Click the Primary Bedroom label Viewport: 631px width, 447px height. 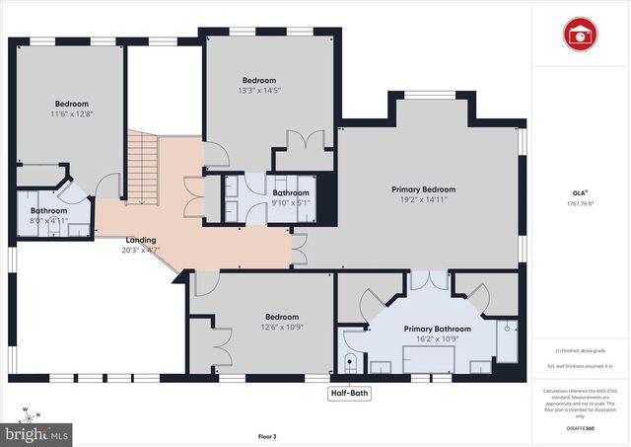(x=423, y=189)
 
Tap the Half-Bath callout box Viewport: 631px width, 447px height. (x=352, y=393)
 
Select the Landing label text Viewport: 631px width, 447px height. (x=141, y=240)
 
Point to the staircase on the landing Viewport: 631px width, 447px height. (x=143, y=169)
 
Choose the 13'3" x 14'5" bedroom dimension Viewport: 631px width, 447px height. (x=259, y=91)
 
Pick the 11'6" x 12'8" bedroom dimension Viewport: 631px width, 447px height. (x=72, y=114)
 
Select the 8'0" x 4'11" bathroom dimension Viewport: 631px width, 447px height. (x=48, y=221)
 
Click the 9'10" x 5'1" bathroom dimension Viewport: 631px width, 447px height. (x=291, y=202)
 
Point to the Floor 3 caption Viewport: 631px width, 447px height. (x=268, y=435)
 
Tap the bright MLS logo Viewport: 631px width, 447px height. (x=35, y=432)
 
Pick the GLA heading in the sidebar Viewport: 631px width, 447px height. (x=580, y=192)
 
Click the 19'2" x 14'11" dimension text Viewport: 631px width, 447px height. (x=423, y=199)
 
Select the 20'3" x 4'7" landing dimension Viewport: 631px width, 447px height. (x=141, y=250)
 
